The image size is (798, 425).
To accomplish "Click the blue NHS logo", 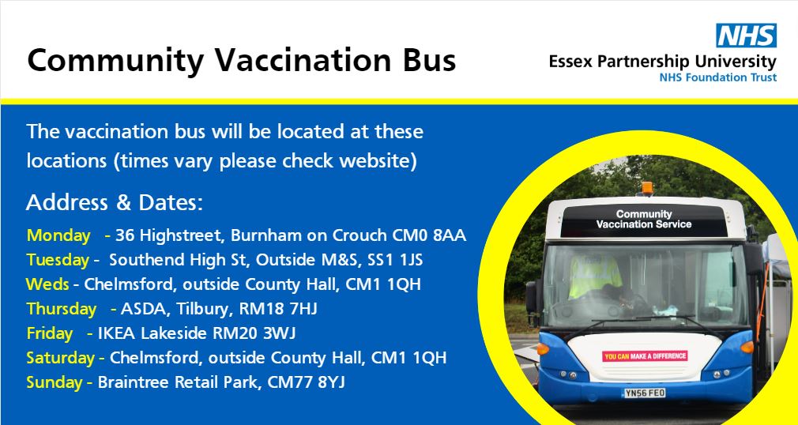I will tap(746, 36).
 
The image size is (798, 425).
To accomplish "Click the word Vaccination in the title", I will tap(286, 60).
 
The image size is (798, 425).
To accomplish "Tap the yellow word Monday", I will tap(59, 235).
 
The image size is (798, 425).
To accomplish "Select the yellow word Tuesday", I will tap(58, 260).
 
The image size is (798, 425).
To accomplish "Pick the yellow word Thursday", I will tap(62, 309).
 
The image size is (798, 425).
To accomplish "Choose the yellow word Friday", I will tap(50, 333).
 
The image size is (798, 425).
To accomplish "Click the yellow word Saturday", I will tap(61, 358).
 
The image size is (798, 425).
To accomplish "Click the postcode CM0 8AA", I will tap(429, 235).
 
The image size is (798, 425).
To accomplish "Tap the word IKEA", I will tap(116, 333).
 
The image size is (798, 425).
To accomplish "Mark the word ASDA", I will tap(141, 309).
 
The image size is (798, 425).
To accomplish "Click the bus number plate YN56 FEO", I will tap(644, 393).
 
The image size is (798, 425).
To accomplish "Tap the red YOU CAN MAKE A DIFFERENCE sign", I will tap(645, 356).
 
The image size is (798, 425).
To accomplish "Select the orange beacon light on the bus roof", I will tap(647, 188).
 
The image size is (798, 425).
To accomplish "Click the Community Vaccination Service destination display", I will tap(644, 219).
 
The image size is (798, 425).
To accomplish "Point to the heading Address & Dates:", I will tap(115, 203).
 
